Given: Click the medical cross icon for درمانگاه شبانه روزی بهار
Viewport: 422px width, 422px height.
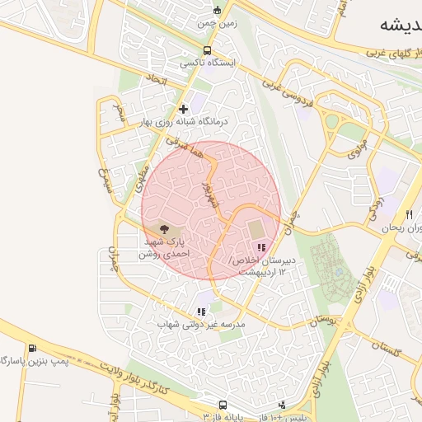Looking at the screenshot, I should pyautogui.click(x=183, y=108).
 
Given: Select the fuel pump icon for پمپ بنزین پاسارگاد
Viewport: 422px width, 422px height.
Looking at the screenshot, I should pyautogui.click(x=32, y=349).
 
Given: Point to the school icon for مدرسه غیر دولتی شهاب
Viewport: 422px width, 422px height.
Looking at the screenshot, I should pyautogui.click(x=201, y=312).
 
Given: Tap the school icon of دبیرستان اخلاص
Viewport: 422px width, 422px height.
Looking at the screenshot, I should pyautogui.click(x=261, y=247).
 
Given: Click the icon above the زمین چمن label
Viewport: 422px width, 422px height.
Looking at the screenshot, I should pyautogui.click(x=217, y=11).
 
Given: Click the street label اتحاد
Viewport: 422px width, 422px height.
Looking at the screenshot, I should pyautogui.click(x=155, y=80).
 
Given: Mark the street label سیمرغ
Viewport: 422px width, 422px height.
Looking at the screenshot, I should pyautogui.click(x=105, y=178).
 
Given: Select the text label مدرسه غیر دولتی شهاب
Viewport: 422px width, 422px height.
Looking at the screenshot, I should pyautogui.click(x=202, y=325).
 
